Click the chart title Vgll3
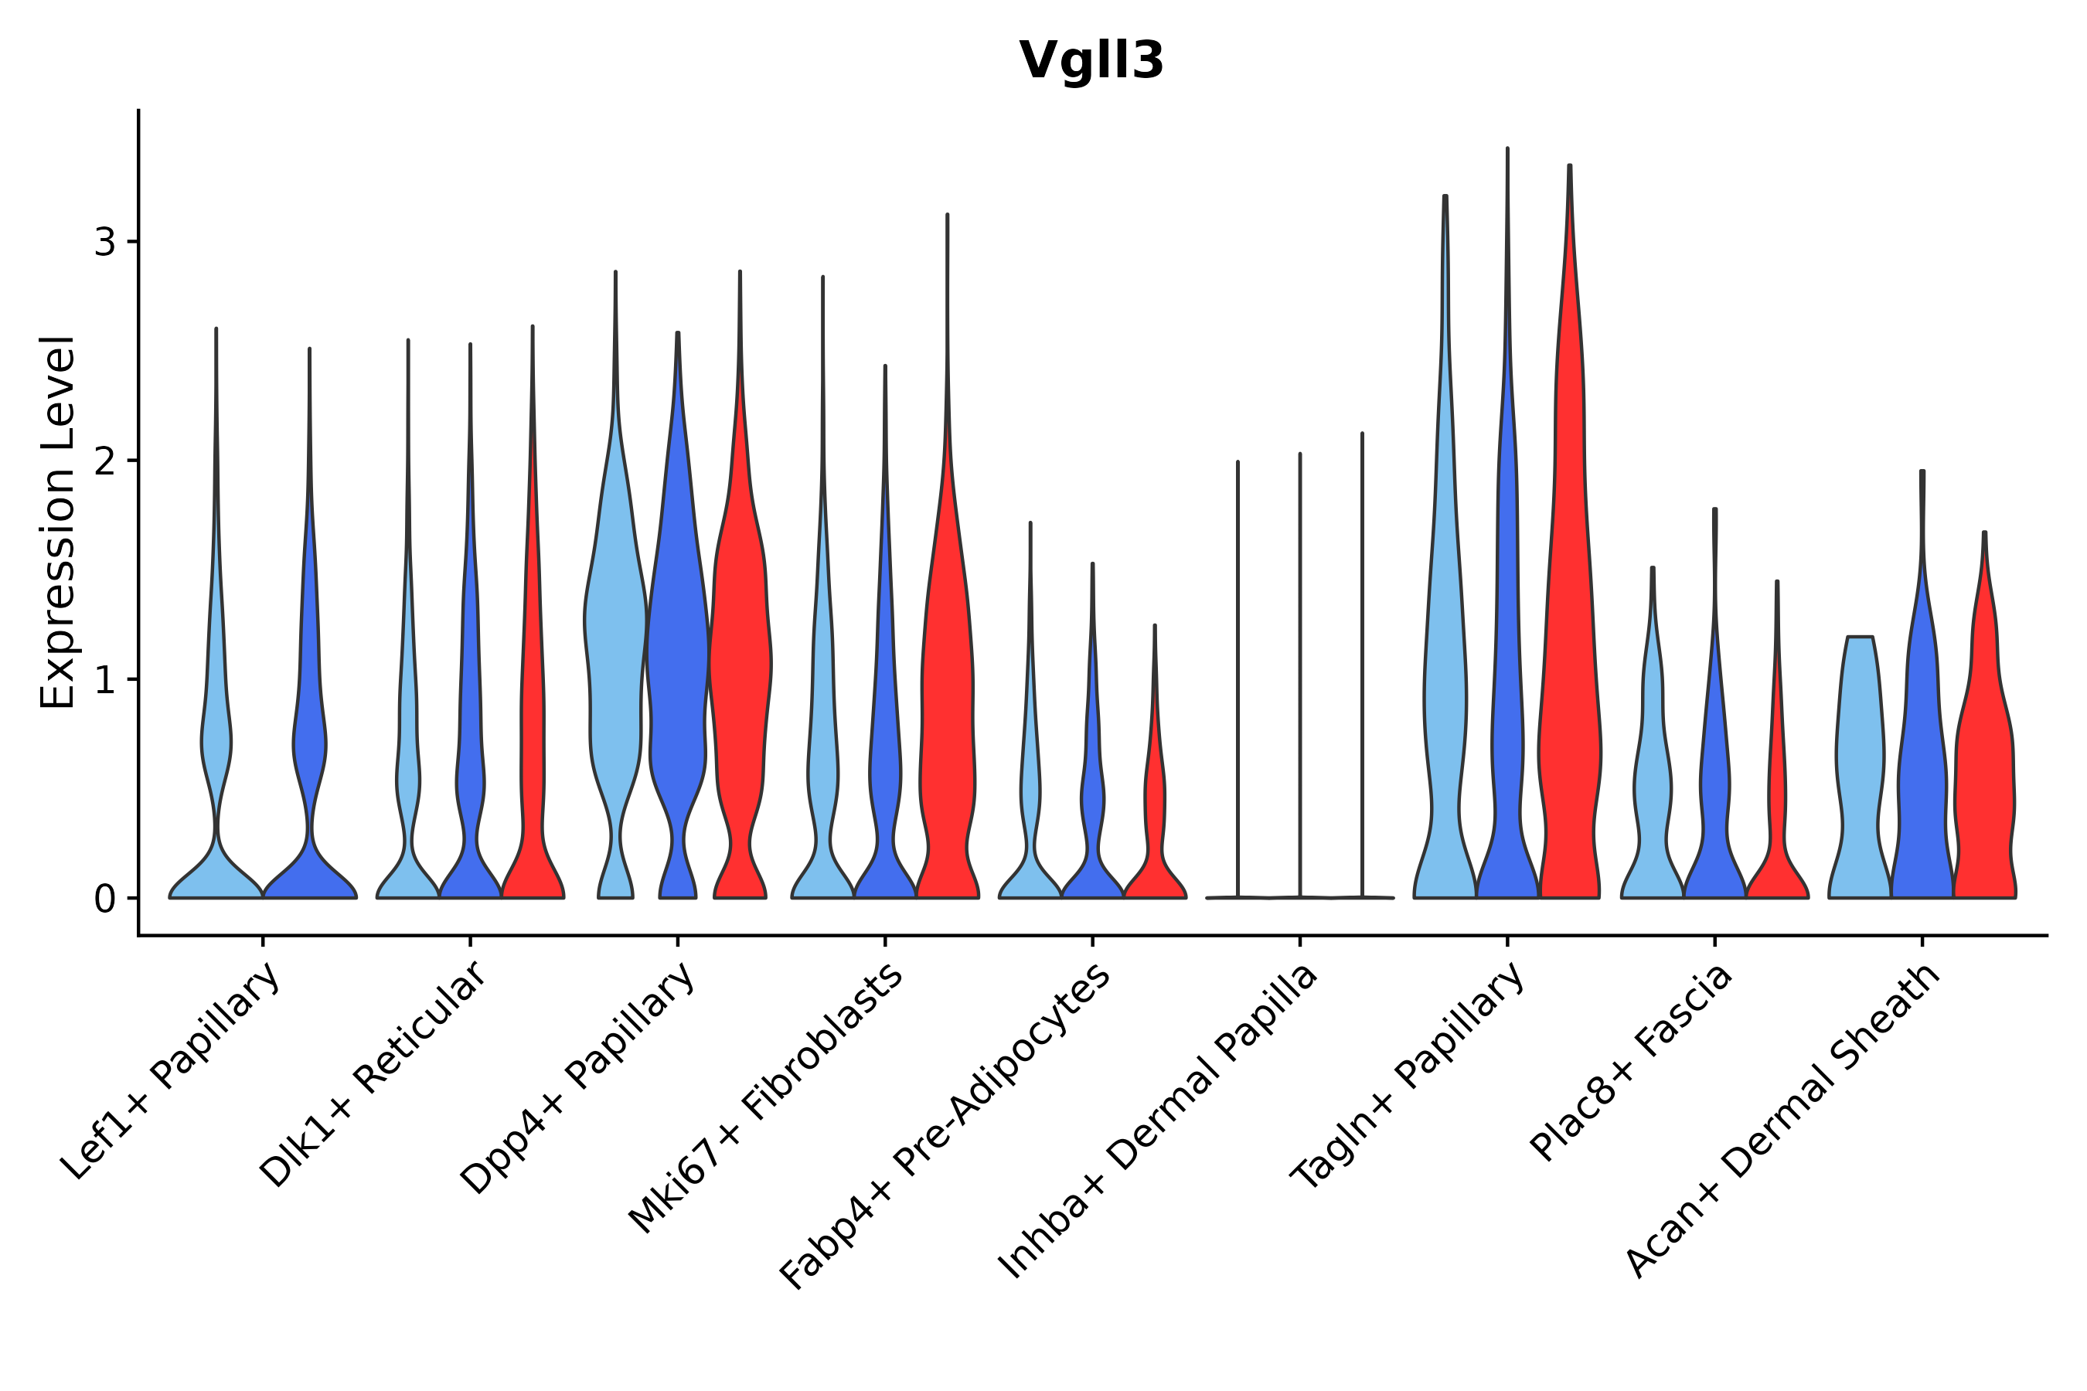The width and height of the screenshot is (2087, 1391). click(x=1091, y=61)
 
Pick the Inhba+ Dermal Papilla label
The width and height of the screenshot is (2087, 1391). click(x=1159, y=1121)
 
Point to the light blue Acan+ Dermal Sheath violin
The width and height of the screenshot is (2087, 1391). click(x=1859, y=754)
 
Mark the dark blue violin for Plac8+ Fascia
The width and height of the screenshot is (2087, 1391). click(x=1714, y=798)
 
